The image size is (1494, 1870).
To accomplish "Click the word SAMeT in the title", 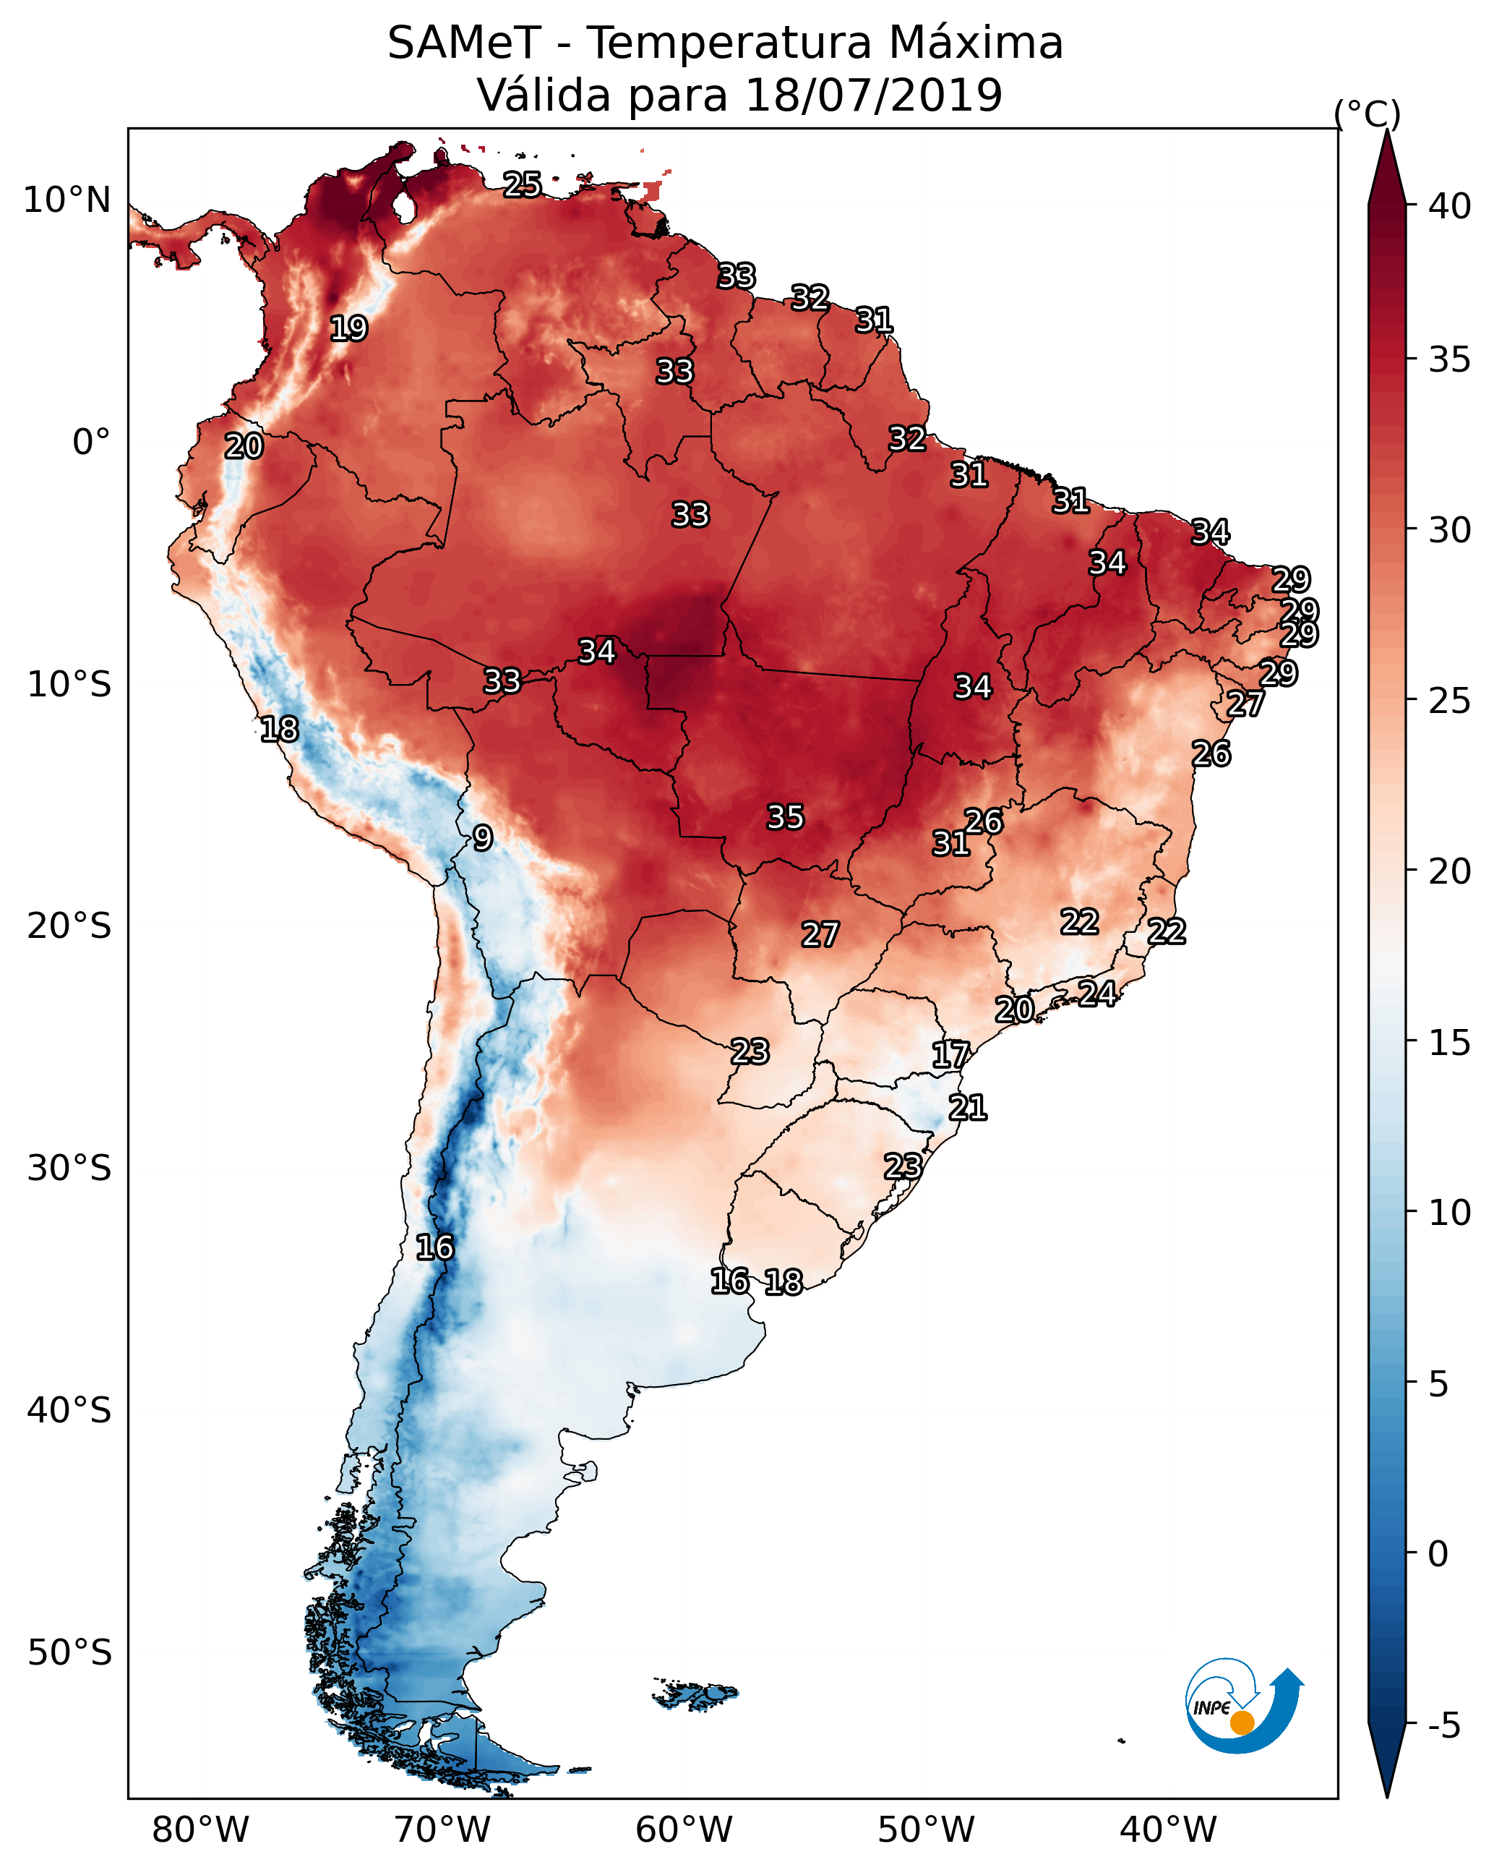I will point(464,43).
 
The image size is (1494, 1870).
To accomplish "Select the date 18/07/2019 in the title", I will point(873,95).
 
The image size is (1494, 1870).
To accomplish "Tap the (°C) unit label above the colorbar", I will point(1367,114).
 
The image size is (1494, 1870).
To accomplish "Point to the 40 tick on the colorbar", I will point(1450,206).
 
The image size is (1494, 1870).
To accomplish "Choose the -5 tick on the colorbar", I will point(1443,1726).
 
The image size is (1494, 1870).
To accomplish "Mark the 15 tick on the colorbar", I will point(1450,1043).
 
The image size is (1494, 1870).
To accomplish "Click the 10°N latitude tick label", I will point(66,200).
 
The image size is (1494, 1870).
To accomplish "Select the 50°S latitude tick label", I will point(69,1653).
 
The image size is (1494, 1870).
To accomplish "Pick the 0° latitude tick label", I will point(91,443).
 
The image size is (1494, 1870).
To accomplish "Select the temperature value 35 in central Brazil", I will point(786,817).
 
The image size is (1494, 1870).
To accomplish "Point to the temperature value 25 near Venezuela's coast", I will point(522,184).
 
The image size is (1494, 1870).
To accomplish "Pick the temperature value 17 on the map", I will point(950,1055).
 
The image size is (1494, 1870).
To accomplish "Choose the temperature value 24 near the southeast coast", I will point(1097,993).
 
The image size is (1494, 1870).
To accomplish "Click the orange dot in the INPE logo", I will point(1242,1722).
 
